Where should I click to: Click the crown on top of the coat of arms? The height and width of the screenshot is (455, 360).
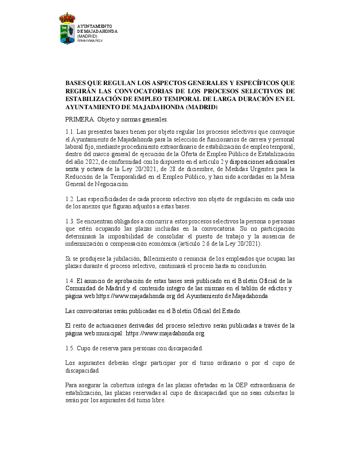67,18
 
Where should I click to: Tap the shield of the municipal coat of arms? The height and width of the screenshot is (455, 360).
67,34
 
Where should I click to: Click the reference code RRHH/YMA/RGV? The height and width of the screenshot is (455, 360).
90,40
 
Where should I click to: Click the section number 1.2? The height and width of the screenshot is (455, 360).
70,199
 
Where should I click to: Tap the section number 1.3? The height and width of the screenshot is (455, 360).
70,221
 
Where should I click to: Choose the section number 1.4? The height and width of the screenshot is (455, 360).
70,281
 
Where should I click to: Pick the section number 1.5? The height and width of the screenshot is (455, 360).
70,348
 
